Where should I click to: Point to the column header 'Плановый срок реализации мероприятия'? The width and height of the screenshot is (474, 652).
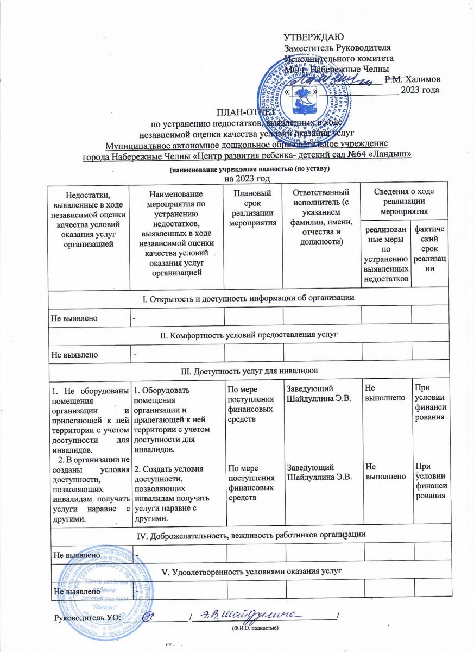pos(254,207)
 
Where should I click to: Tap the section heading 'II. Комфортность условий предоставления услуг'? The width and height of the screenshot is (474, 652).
pos(249,333)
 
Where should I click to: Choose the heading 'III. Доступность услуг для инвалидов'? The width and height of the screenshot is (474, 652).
pos(249,370)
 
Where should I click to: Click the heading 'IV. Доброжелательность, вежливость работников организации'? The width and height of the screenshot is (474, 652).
pos(249,535)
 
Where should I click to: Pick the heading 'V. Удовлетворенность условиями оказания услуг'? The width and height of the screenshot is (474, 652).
pos(249,571)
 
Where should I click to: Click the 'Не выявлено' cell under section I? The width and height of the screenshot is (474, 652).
pos(74,318)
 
